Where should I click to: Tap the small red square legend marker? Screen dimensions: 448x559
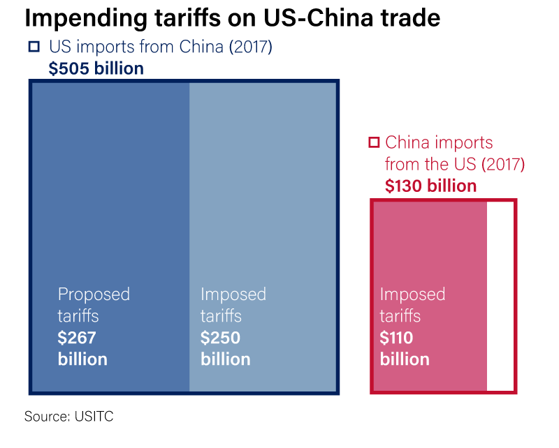pos(374,142)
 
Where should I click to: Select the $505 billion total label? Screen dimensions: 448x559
pos(96,68)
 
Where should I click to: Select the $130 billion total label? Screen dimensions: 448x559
pos(430,186)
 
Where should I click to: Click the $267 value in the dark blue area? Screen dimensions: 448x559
pos(77,338)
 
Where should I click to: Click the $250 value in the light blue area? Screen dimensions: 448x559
pos(220,338)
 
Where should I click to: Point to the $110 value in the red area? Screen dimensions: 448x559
pos(397,338)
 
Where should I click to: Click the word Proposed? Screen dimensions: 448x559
pos(94,294)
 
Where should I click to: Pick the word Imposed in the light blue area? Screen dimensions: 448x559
pos(233,294)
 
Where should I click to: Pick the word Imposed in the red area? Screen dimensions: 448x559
pos(412,294)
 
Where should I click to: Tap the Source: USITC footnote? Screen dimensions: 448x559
pos(68,417)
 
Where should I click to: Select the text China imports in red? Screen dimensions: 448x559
pos(439,142)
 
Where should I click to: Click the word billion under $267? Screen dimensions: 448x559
pos(82,359)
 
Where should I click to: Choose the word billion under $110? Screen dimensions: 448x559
pos(405,359)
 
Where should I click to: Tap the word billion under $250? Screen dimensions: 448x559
pos(226,359)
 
